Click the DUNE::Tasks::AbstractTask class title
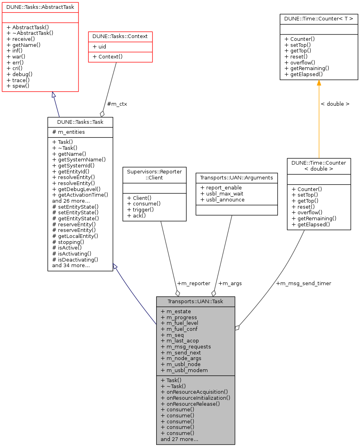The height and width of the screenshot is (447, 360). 40,7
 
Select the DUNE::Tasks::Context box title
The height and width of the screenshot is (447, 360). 120,36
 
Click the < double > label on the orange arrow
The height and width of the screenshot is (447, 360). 335,104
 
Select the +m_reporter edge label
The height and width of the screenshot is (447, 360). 193,283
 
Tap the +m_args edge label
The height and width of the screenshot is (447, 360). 230,283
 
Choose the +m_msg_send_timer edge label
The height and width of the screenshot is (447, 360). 304,283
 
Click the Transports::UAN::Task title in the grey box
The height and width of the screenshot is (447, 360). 195,302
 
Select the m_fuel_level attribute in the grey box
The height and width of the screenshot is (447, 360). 179,323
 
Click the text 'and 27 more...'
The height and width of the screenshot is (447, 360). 179,439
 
